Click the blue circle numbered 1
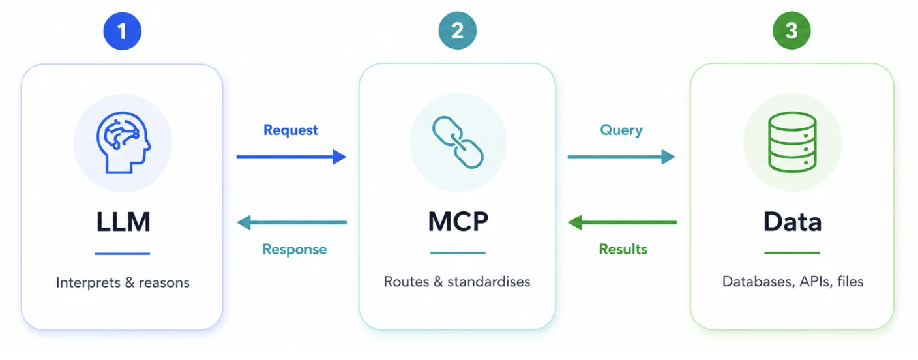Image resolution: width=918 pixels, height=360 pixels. click(x=122, y=31)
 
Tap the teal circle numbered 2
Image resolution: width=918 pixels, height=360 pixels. click(x=457, y=31)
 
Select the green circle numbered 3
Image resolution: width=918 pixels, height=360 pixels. click(x=792, y=31)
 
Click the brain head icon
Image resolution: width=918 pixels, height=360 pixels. click(x=123, y=143)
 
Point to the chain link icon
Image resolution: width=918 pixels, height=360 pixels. click(x=458, y=142)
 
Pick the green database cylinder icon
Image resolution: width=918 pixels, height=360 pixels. click(x=792, y=142)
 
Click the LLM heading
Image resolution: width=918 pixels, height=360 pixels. click(x=123, y=222)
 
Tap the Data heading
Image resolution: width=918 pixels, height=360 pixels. click(x=793, y=222)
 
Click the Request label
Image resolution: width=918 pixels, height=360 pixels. click(x=291, y=130)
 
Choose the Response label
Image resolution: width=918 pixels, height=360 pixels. click(x=294, y=249)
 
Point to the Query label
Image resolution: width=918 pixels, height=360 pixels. click(x=621, y=130)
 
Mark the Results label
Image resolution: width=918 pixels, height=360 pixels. click(x=623, y=249)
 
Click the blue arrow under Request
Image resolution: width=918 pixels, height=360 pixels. click(x=291, y=157)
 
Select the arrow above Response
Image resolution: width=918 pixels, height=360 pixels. click(x=292, y=222)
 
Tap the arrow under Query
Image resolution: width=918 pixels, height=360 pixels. click(x=621, y=157)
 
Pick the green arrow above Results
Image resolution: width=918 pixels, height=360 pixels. click(x=622, y=222)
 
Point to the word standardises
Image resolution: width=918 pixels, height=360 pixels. click(x=489, y=282)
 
